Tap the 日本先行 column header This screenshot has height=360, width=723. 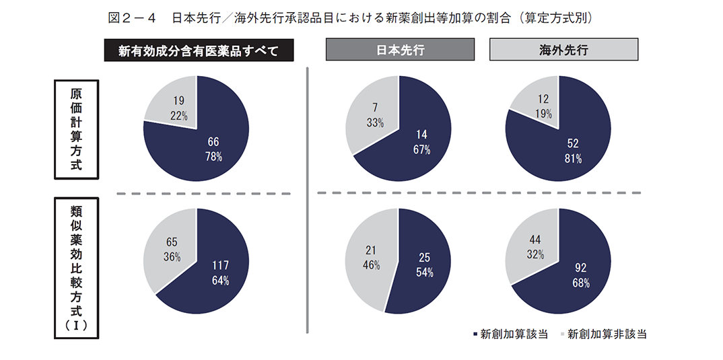400,50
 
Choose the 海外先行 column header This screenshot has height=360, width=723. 563,50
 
